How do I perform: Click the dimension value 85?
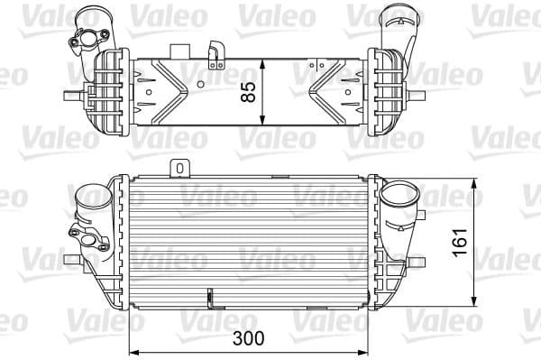[x=250, y=90]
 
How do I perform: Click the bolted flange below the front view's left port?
[x=87, y=238]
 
